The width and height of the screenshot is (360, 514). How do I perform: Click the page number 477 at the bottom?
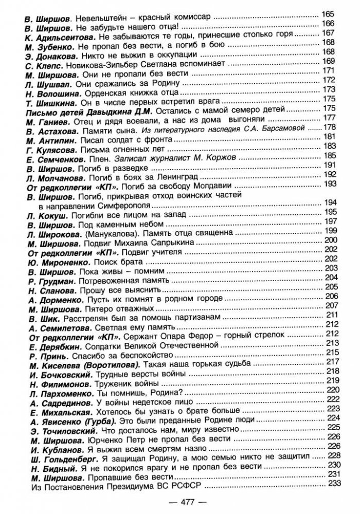[180, 501]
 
